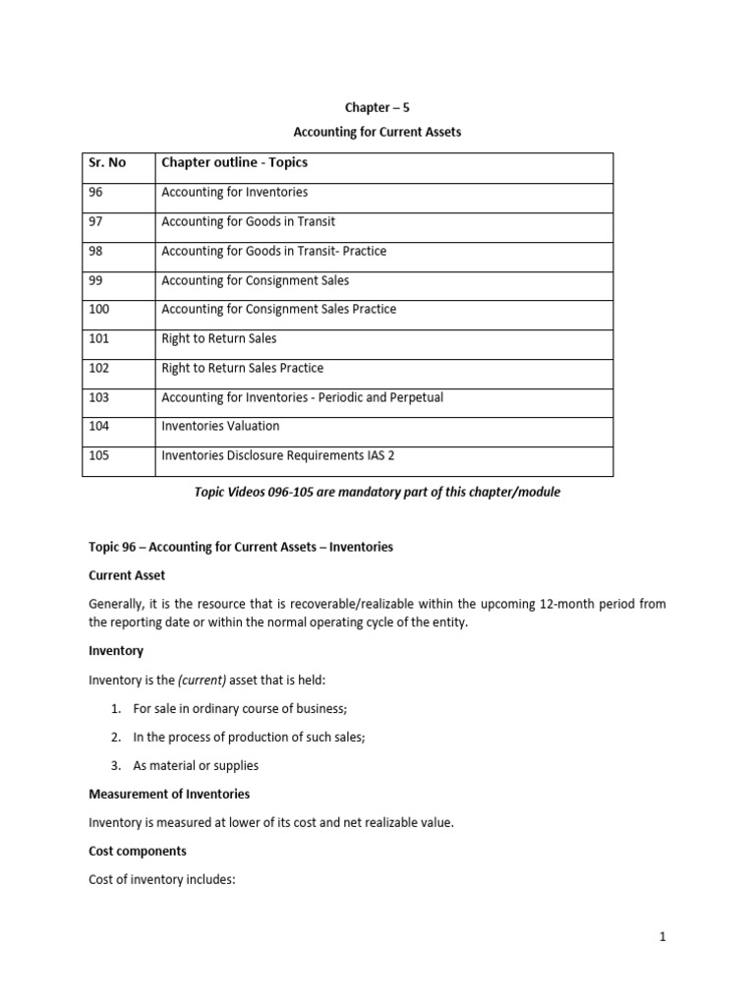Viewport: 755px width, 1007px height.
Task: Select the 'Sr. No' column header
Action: (107, 162)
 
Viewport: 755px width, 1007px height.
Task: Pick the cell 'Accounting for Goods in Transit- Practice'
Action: (273, 251)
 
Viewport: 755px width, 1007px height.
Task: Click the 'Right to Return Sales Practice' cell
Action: (242, 368)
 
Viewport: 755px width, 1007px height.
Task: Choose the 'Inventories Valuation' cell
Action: (220, 426)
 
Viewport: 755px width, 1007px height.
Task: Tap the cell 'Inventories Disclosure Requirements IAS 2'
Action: (278, 455)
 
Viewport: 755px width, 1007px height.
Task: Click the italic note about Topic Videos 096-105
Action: (377, 492)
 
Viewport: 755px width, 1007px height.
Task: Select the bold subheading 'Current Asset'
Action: (127, 575)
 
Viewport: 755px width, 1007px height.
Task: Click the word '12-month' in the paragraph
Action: (536, 604)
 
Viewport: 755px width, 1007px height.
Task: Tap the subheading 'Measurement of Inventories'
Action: (169, 794)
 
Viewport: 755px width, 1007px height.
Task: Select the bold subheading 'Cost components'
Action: (138, 851)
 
